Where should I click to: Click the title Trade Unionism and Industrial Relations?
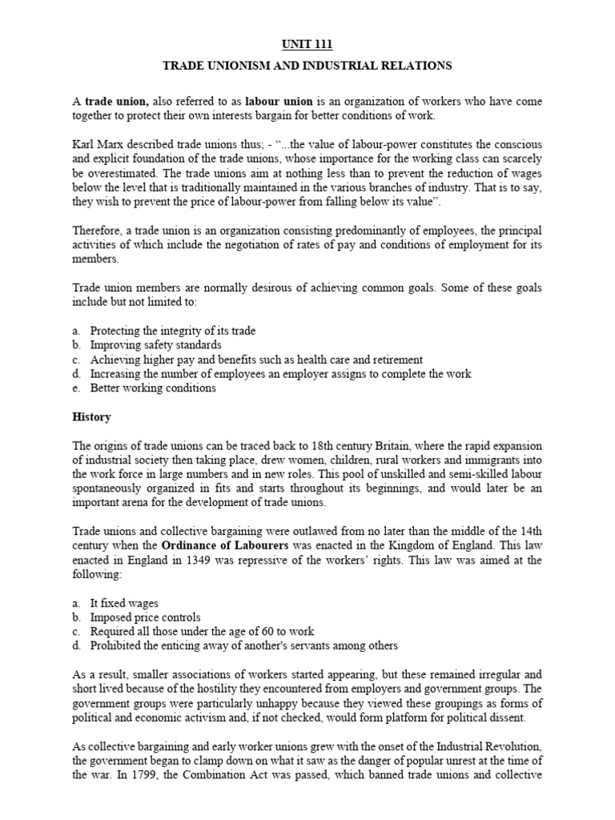pos(307,66)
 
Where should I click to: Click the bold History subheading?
pos(92,417)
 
